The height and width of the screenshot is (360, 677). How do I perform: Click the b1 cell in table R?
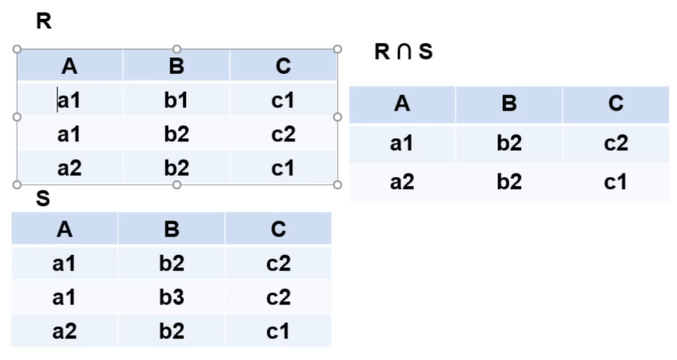point(176,100)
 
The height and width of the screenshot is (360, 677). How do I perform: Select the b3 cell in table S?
point(172,297)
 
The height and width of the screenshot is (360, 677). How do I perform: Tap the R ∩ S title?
point(404,52)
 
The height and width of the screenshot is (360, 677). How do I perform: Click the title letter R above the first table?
point(44,21)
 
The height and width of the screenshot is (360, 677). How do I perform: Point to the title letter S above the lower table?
point(43,199)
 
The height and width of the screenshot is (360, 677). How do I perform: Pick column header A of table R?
point(69,67)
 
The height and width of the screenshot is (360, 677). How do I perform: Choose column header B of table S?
point(172,229)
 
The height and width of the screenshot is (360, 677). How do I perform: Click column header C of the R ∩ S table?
point(616,103)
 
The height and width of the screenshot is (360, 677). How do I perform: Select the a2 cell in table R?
point(69,168)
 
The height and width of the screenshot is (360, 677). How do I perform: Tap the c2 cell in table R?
point(283,134)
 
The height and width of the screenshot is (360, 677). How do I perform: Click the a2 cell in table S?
point(64,331)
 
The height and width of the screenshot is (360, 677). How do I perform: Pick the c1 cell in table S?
point(278,331)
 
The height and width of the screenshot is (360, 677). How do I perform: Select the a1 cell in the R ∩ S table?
point(402,143)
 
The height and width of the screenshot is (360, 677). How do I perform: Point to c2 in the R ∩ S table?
point(616,143)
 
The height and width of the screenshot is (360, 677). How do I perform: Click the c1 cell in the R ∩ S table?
point(616,182)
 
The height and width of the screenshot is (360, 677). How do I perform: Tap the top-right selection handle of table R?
point(338,49)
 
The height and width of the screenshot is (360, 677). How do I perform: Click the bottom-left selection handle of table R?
point(17,184)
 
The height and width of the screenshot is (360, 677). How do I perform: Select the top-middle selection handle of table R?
point(176,49)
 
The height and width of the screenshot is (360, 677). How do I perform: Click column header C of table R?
point(283,67)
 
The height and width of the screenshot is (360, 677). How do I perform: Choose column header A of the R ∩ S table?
point(402,103)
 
